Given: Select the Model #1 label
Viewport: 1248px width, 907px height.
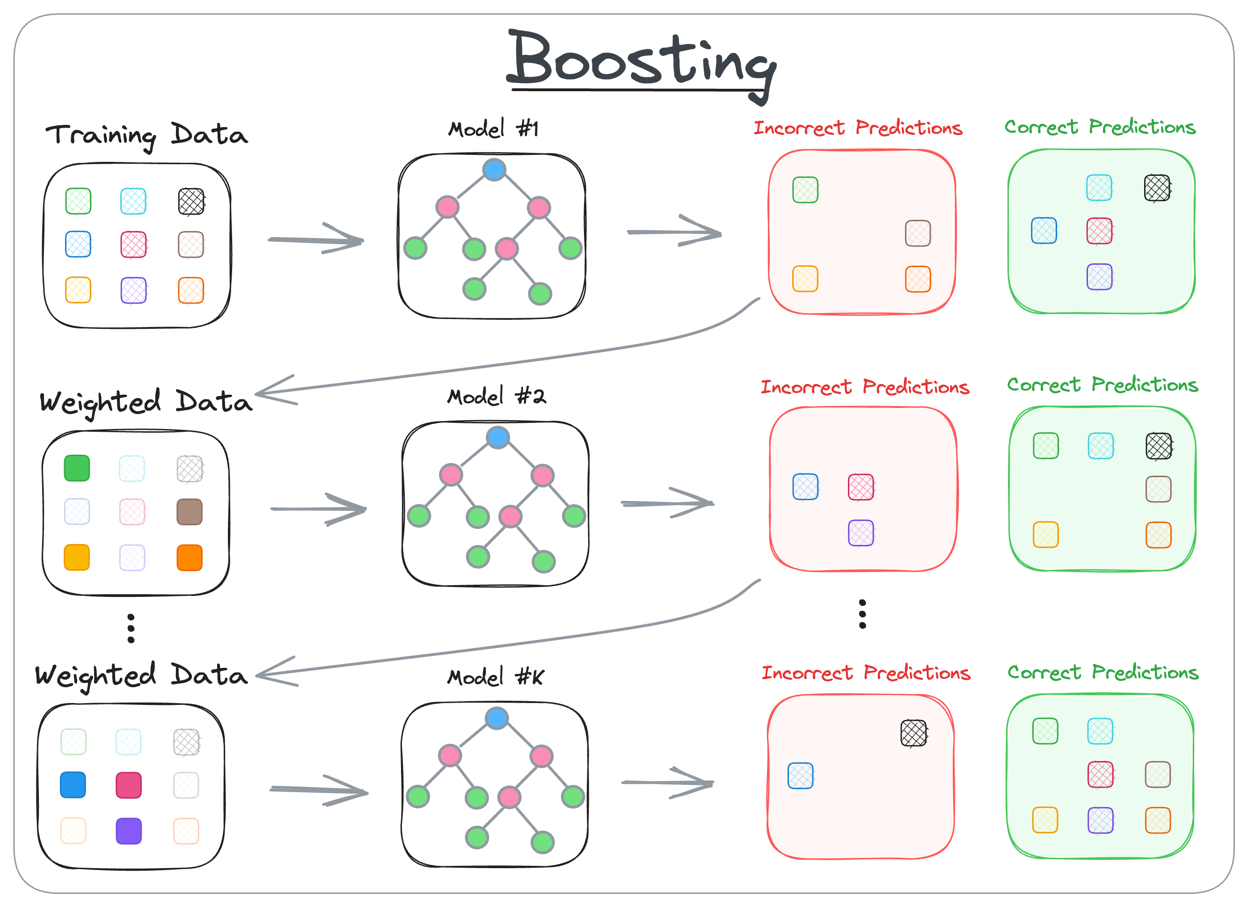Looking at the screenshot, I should [x=493, y=129].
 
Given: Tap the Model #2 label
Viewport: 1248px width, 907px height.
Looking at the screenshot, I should [x=496, y=396].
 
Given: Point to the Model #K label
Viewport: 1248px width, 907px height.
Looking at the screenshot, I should [x=495, y=676].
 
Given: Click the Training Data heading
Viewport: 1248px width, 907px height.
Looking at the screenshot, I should [x=146, y=135].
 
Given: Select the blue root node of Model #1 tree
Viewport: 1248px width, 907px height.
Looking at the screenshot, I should [x=494, y=169].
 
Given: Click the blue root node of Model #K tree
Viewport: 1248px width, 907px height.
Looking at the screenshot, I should [x=496, y=718].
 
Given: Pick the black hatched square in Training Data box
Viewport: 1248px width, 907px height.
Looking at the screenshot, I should [x=191, y=201].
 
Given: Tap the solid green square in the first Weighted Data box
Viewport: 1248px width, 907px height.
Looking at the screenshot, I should [x=77, y=468].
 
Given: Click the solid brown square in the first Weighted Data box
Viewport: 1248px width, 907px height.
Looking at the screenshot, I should [x=190, y=512].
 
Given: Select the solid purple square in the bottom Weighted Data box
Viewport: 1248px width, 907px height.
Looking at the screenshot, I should [x=129, y=831].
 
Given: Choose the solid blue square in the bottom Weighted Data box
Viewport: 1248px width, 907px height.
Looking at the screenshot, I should [x=73, y=785].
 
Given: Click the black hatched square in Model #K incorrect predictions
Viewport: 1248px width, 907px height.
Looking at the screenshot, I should [x=913, y=733].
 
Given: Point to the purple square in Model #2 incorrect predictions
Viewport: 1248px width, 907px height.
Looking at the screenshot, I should [x=861, y=532].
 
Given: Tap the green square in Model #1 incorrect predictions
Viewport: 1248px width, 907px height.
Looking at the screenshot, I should [x=805, y=190].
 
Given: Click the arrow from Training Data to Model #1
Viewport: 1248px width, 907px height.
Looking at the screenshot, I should [x=316, y=239].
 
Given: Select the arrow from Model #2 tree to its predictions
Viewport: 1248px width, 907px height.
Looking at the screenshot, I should [x=667, y=503].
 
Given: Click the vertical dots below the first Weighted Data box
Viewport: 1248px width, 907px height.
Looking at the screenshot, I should [x=131, y=628].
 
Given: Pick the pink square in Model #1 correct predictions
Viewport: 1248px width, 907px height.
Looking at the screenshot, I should [x=1099, y=231].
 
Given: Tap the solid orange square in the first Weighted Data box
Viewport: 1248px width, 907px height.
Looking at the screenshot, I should [x=190, y=558].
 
